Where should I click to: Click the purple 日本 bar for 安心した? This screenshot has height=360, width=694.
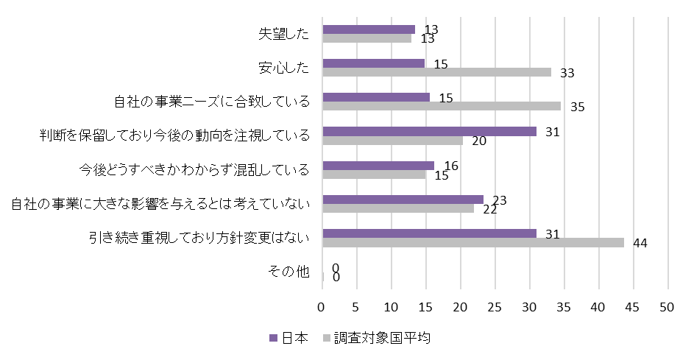coord(374,63)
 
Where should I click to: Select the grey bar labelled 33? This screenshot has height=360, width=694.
coord(437,72)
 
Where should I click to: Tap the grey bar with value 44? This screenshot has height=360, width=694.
coord(473,242)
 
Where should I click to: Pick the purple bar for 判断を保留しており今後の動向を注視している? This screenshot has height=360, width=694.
coord(430,131)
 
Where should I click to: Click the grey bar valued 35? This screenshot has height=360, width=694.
coord(442,106)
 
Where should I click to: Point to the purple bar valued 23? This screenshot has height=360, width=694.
coord(403,199)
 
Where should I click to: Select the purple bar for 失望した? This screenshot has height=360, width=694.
coord(369,29)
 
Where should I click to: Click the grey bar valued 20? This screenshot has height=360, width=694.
coord(393,140)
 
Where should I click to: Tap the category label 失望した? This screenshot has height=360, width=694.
coord(283,34)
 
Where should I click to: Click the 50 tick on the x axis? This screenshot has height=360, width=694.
coord(668,306)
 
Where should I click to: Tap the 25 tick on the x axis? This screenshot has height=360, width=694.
coord(495,306)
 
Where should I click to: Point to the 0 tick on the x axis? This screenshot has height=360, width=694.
coord(322,306)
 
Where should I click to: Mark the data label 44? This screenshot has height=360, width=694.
coord(640,244)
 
